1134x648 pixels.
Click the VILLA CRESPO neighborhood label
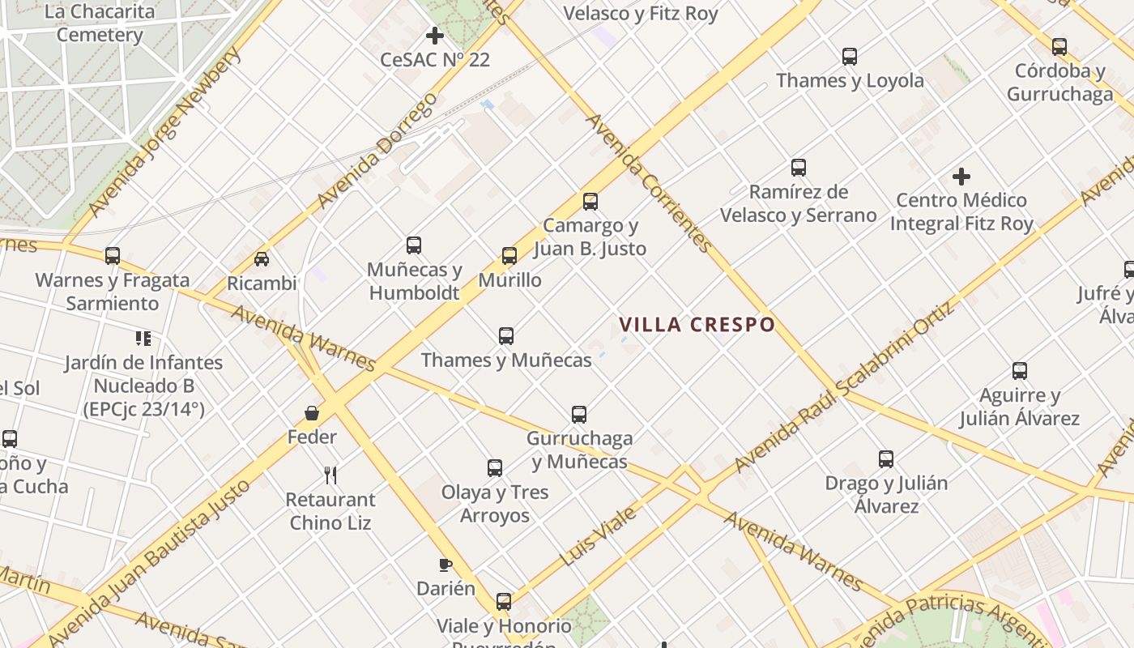[697, 325]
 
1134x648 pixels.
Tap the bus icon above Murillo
[509, 256]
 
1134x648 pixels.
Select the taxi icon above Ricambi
[262, 259]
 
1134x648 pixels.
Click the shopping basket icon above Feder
[312, 413]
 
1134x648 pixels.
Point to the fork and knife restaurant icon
[330, 475]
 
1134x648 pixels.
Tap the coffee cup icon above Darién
[445, 565]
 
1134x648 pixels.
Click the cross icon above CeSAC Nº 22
[435, 36]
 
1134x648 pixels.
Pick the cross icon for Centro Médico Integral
[961, 176]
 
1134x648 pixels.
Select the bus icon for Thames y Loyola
[849, 57]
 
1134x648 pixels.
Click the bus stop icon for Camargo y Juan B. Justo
[590, 202]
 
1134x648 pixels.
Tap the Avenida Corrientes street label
[648, 182]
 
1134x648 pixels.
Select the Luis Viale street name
[598, 536]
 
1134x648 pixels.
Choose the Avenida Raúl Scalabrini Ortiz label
[845, 388]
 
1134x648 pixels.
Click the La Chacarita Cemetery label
[100, 23]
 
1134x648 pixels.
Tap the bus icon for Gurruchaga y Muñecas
[579, 415]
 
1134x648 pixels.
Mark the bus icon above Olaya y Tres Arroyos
[495, 467]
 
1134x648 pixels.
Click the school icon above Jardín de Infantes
[143, 338]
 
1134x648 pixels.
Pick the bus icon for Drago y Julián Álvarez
[886, 459]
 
